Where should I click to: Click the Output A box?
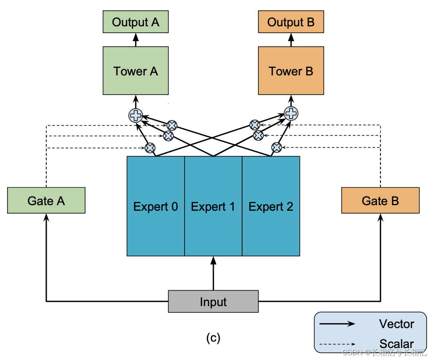pos(136,22)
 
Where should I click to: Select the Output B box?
pos(291,22)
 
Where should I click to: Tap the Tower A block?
pos(136,71)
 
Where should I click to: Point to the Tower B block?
pos(291,71)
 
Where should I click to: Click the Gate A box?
pos(46,200)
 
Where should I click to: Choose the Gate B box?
pos(380,200)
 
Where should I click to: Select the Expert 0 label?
pos(155,207)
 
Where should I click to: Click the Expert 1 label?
pos(213,207)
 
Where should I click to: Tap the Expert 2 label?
pos(271,207)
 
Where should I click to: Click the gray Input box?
pos(213,301)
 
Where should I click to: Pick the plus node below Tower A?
pos(136,115)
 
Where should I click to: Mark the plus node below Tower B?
pos(291,113)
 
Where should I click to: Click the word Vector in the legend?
pos(397,324)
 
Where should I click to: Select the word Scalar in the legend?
pos(397,344)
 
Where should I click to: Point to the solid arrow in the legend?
pos(337,324)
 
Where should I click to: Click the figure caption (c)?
pos(213,338)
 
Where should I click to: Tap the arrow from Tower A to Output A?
pos(136,40)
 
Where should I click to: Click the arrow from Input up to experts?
pos(213,273)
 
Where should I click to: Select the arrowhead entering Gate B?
pos(380,218)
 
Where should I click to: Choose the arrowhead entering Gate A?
pos(46,218)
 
